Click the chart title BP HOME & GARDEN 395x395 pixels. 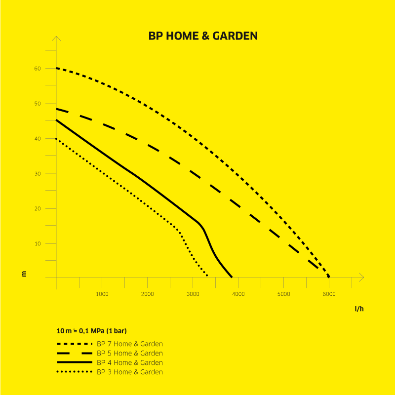click(203, 36)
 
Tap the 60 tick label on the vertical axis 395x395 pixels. click(38, 69)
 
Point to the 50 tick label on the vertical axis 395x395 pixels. click(38, 104)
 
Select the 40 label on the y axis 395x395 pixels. click(38, 139)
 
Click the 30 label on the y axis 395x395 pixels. click(38, 174)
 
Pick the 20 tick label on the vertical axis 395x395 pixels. click(38, 208)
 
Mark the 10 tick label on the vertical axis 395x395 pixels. click(38, 243)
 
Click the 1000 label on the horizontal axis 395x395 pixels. click(102, 294)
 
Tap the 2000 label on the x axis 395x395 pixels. click(147, 294)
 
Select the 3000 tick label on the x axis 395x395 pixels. click(193, 294)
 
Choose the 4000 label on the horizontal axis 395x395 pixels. click(238, 294)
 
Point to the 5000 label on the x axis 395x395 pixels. click(283, 294)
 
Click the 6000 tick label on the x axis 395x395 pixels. click(329, 294)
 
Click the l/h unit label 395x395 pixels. click(359, 309)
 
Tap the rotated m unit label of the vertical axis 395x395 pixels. click(24, 274)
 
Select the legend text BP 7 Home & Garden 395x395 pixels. click(130, 344)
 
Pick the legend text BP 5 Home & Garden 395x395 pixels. click(130, 353)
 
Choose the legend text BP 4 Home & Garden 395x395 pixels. click(130, 362)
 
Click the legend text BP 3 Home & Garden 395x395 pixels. click(130, 372)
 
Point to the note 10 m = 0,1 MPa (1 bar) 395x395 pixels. click(92, 331)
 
